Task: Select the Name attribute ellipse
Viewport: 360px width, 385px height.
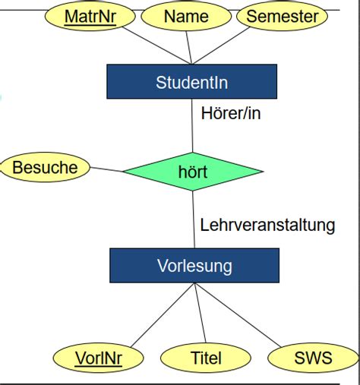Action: click(x=186, y=16)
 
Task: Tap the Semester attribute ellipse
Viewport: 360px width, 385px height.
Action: click(x=282, y=16)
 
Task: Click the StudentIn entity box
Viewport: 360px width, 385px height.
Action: click(x=191, y=81)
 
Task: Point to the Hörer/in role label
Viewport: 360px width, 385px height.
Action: click(x=236, y=114)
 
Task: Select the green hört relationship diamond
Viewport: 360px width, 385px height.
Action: click(x=191, y=172)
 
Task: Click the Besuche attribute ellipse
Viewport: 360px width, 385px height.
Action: click(x=46, y=167)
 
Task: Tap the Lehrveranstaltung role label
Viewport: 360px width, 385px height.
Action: click(x=267, y=225)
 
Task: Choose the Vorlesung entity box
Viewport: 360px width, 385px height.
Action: click(x=194, y=266)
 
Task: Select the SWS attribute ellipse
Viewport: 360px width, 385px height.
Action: click(x=312, y=357)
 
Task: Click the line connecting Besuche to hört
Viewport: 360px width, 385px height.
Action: click(x=106, y=169)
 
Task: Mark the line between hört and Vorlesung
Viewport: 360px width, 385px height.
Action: click(x=193, y=220)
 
